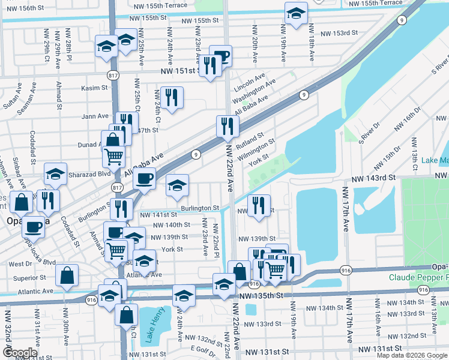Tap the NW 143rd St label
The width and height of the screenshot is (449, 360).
coord(375,178)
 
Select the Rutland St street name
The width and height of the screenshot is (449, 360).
coord(250,142)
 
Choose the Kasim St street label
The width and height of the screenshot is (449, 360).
coord(94,88)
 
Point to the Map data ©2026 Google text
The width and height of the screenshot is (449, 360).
coord(412,355)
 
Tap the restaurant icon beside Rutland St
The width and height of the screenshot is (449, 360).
coord(228,125)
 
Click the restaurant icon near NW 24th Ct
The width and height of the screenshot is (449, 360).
coord(172,97)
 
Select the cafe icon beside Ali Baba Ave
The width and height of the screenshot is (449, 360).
coord(143,178)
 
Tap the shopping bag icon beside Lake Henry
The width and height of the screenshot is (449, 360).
coord(127,314)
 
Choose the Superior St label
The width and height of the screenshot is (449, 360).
coord(26,278)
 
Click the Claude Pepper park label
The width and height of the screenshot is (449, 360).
coord(418,277)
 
